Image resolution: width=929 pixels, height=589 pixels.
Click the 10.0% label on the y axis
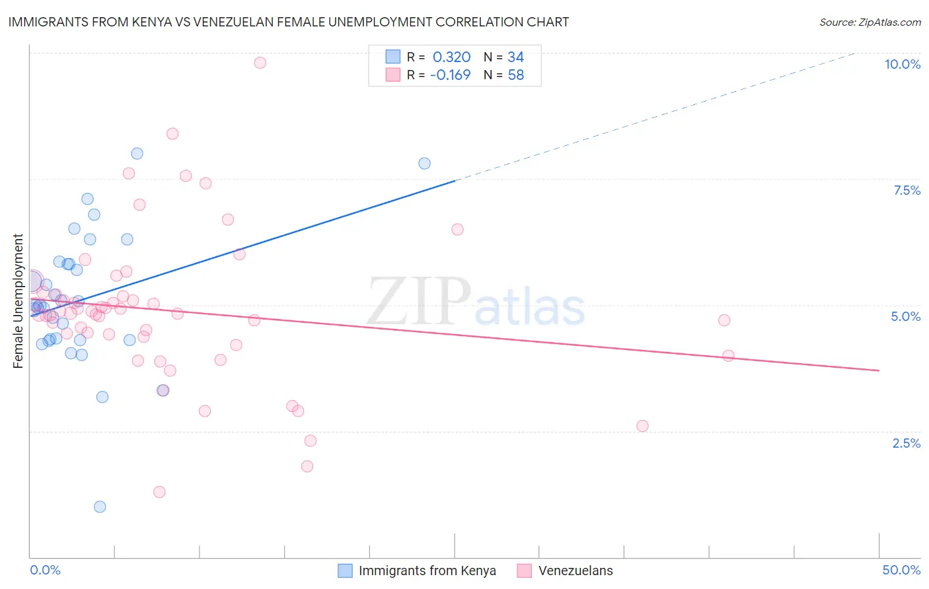[902, 64]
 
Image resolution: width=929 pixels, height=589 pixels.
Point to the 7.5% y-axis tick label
[907, 190]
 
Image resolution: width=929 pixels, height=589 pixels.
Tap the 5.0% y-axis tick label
[905, 316]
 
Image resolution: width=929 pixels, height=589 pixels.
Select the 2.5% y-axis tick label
[906, 443]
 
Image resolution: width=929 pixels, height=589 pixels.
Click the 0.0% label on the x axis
[45, 570]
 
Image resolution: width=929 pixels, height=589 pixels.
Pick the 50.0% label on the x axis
[901, 570]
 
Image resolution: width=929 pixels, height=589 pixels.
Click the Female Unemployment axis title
[19, 301]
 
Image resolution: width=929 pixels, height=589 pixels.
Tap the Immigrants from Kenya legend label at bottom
[427, 571]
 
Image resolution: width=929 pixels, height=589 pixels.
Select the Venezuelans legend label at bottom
[576, 571]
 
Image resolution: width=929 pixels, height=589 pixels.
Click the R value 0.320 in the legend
[451, 57]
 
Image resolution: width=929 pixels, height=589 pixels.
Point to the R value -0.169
[450, 75]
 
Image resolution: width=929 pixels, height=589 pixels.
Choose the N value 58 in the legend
[515, 75]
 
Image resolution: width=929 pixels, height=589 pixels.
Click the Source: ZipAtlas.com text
[870, 22]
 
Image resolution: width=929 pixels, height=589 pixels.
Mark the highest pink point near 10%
[260, 63]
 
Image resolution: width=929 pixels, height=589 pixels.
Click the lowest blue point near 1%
[100, 506]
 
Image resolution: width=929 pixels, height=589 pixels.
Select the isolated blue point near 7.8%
[424, 163]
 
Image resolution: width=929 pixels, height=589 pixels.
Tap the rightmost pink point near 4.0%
[728, 355]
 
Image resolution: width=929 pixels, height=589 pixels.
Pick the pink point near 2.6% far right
[642, 426]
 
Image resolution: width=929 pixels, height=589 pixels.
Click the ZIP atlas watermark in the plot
[476, 302]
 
